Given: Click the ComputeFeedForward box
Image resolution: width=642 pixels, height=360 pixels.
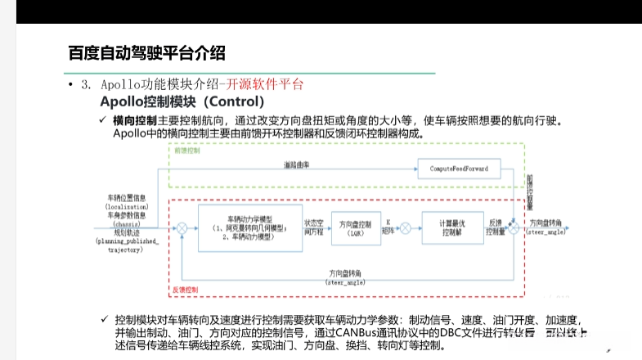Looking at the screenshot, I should (x=459, y=169).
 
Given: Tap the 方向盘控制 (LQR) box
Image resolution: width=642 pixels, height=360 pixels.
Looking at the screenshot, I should (x=354, y=227).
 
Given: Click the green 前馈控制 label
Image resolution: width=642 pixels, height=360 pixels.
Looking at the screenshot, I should (x=187, y=151).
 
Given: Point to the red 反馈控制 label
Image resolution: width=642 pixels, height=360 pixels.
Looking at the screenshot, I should (x=184, y=289).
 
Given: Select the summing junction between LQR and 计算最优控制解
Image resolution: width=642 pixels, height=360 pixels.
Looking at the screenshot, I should (x=402, y=227).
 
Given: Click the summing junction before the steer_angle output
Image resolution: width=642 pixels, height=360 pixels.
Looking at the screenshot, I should (x=513, y=227).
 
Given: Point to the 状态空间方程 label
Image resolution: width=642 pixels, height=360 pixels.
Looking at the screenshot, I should (x=315, y=227).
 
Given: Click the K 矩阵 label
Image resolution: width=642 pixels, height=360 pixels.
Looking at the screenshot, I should (x=388, y=227).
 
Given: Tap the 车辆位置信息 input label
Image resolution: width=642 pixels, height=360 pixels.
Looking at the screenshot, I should (x=127, y=198).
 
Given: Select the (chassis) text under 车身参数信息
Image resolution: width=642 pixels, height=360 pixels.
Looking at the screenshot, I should (x=127, y=224).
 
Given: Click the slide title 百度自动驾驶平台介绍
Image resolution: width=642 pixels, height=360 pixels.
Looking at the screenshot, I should (x=146, y=54).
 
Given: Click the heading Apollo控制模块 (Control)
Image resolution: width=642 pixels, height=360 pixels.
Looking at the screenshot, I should (x=182, y=102).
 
